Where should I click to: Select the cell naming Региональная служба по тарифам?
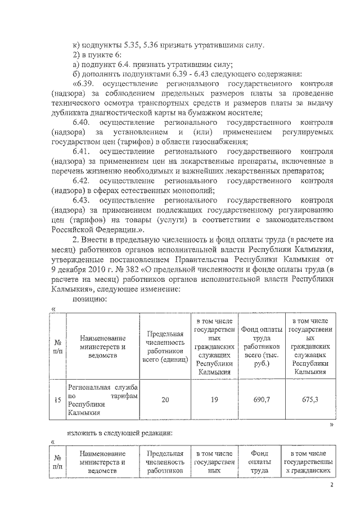tap(103, 399)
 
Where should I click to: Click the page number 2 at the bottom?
tap(332, 497)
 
